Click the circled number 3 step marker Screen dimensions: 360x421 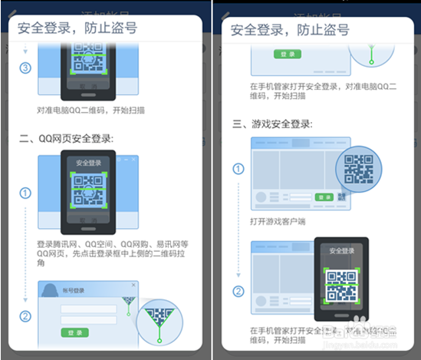[x=25, y=68]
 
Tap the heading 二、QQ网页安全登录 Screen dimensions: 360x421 [x=66, y=138]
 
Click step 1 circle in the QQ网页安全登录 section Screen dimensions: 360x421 [x=25, y=193]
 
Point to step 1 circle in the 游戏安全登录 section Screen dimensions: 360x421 [x=238, y=169]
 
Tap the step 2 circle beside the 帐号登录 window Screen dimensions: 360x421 [x=25, y=316]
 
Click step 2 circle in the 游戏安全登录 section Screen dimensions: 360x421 [x=238, y=290]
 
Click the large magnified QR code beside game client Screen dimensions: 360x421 [x=358, y=169]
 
